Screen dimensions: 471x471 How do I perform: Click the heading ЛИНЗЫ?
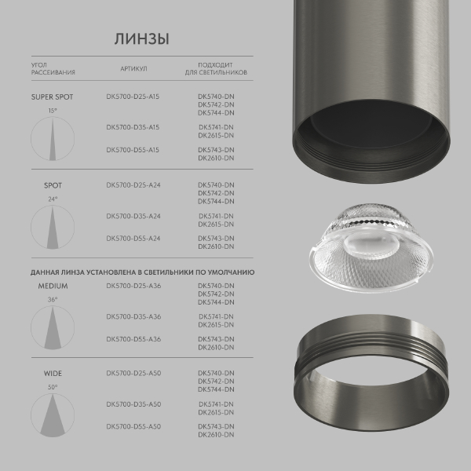[142, 38]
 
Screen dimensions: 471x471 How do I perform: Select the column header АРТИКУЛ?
[133, 68]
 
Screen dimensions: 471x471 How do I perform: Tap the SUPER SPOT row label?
[52, 97]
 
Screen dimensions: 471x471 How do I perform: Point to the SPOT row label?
[53, 186]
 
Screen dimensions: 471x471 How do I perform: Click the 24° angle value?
[53, 199]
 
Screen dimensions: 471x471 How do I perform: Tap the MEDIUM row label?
[53, 287]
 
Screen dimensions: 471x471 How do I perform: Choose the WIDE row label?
[53, 374]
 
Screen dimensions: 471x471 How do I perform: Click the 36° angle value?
[53, 300]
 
